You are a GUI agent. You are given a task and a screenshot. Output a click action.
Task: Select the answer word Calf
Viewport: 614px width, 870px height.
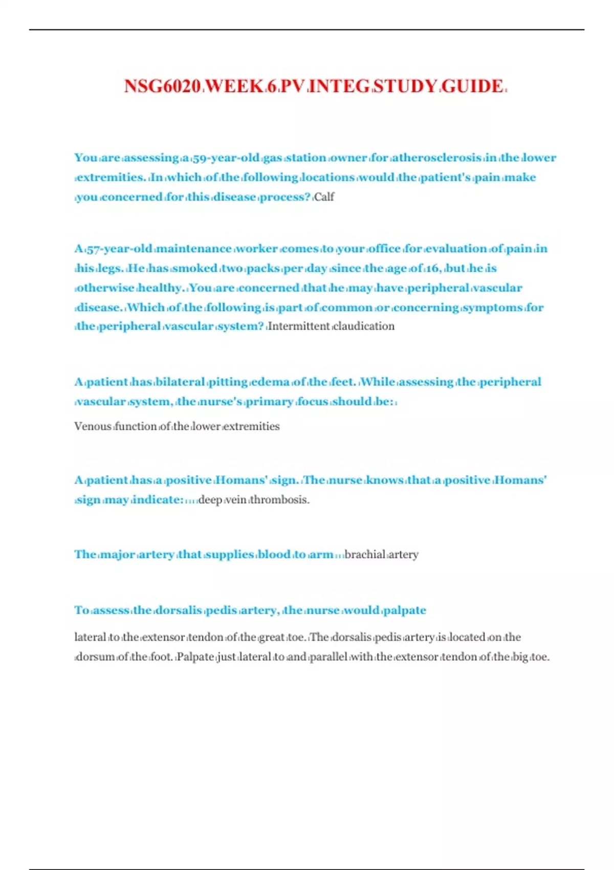coord(324,197)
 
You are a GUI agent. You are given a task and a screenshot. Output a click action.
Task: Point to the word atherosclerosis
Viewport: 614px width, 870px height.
coord(437,158)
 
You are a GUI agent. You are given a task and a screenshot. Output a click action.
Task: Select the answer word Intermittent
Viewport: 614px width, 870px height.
coord(299,326)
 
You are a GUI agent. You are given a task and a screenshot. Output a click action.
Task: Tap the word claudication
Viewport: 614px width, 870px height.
coord(364,326)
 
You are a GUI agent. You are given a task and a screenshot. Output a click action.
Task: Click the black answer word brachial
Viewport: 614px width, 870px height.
coord(365,554)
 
